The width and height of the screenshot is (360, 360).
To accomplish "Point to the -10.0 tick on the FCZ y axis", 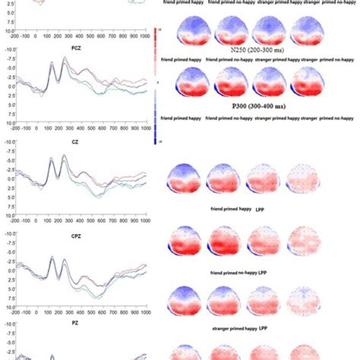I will click(x=10, y=49).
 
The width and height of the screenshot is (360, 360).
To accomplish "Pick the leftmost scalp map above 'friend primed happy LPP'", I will click(x=184, y=179).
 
